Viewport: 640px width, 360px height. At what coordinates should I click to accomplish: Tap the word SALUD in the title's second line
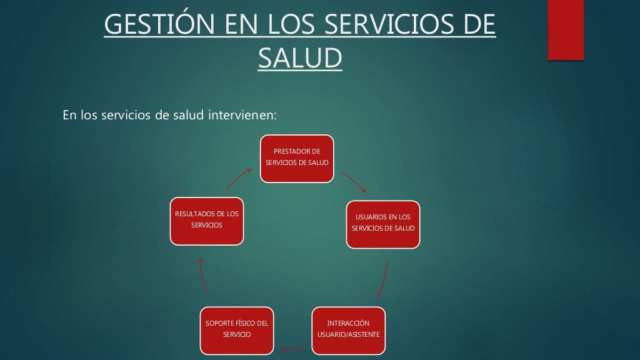pos(300,58)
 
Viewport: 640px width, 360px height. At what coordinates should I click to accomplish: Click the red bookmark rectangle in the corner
pos(566,29)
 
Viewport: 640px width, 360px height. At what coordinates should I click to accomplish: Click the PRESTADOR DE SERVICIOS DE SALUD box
pos(297,158)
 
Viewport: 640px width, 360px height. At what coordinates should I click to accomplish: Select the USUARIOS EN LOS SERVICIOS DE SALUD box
pos(383,224)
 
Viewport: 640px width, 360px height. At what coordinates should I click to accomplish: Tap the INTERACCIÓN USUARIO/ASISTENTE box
pos(348,329)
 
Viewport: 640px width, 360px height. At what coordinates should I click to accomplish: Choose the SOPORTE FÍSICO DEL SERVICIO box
pos(237,329)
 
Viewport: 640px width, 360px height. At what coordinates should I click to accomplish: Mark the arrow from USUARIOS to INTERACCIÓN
pos(383,278)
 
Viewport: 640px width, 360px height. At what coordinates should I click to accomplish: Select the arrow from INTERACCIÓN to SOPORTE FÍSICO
pos(292,348)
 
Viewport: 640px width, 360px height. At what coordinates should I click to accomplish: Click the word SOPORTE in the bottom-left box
pos(218,323)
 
